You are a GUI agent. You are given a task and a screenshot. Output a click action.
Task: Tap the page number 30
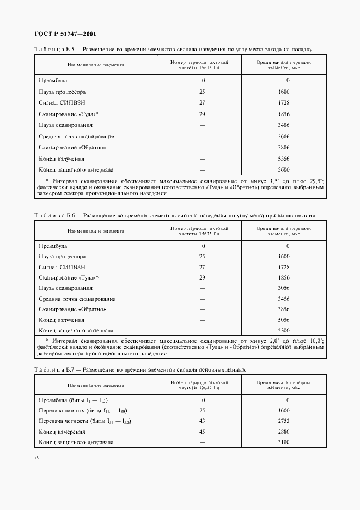click(x=36, y=458)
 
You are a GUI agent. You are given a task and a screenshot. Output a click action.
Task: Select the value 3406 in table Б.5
click(x=284, y=125)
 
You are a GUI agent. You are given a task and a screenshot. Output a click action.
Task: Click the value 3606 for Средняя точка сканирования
click(x=284, y=136)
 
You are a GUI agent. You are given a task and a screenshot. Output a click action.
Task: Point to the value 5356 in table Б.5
click(x=284, y=159)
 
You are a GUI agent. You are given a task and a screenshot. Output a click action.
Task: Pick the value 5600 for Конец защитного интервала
click(x=284, y=169)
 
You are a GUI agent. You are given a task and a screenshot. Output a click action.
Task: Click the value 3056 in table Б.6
click(x=284, y=288)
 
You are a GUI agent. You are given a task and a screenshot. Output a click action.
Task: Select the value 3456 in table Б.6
click(x=284, y=299)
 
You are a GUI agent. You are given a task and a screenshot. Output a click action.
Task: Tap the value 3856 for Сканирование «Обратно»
click(x=284, y=309)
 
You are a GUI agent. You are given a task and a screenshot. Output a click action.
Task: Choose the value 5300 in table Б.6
click(x=284, y=330)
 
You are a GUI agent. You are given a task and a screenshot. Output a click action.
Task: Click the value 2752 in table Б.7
click(x=284, y=421)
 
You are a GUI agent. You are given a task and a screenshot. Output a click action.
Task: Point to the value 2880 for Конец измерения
click(x=284, y=432)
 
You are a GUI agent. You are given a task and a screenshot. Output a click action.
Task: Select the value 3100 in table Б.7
click(x=284, y=442)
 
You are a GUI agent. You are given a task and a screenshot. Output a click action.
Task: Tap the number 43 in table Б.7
click(x=202, y=421)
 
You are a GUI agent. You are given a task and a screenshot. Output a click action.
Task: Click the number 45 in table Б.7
click(x=202, y=432)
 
